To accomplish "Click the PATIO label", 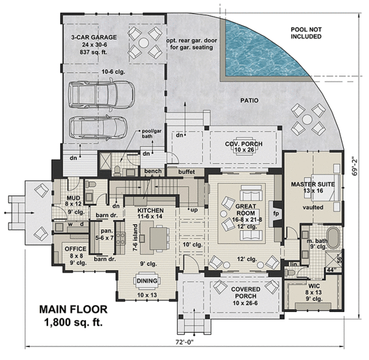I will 250,100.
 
